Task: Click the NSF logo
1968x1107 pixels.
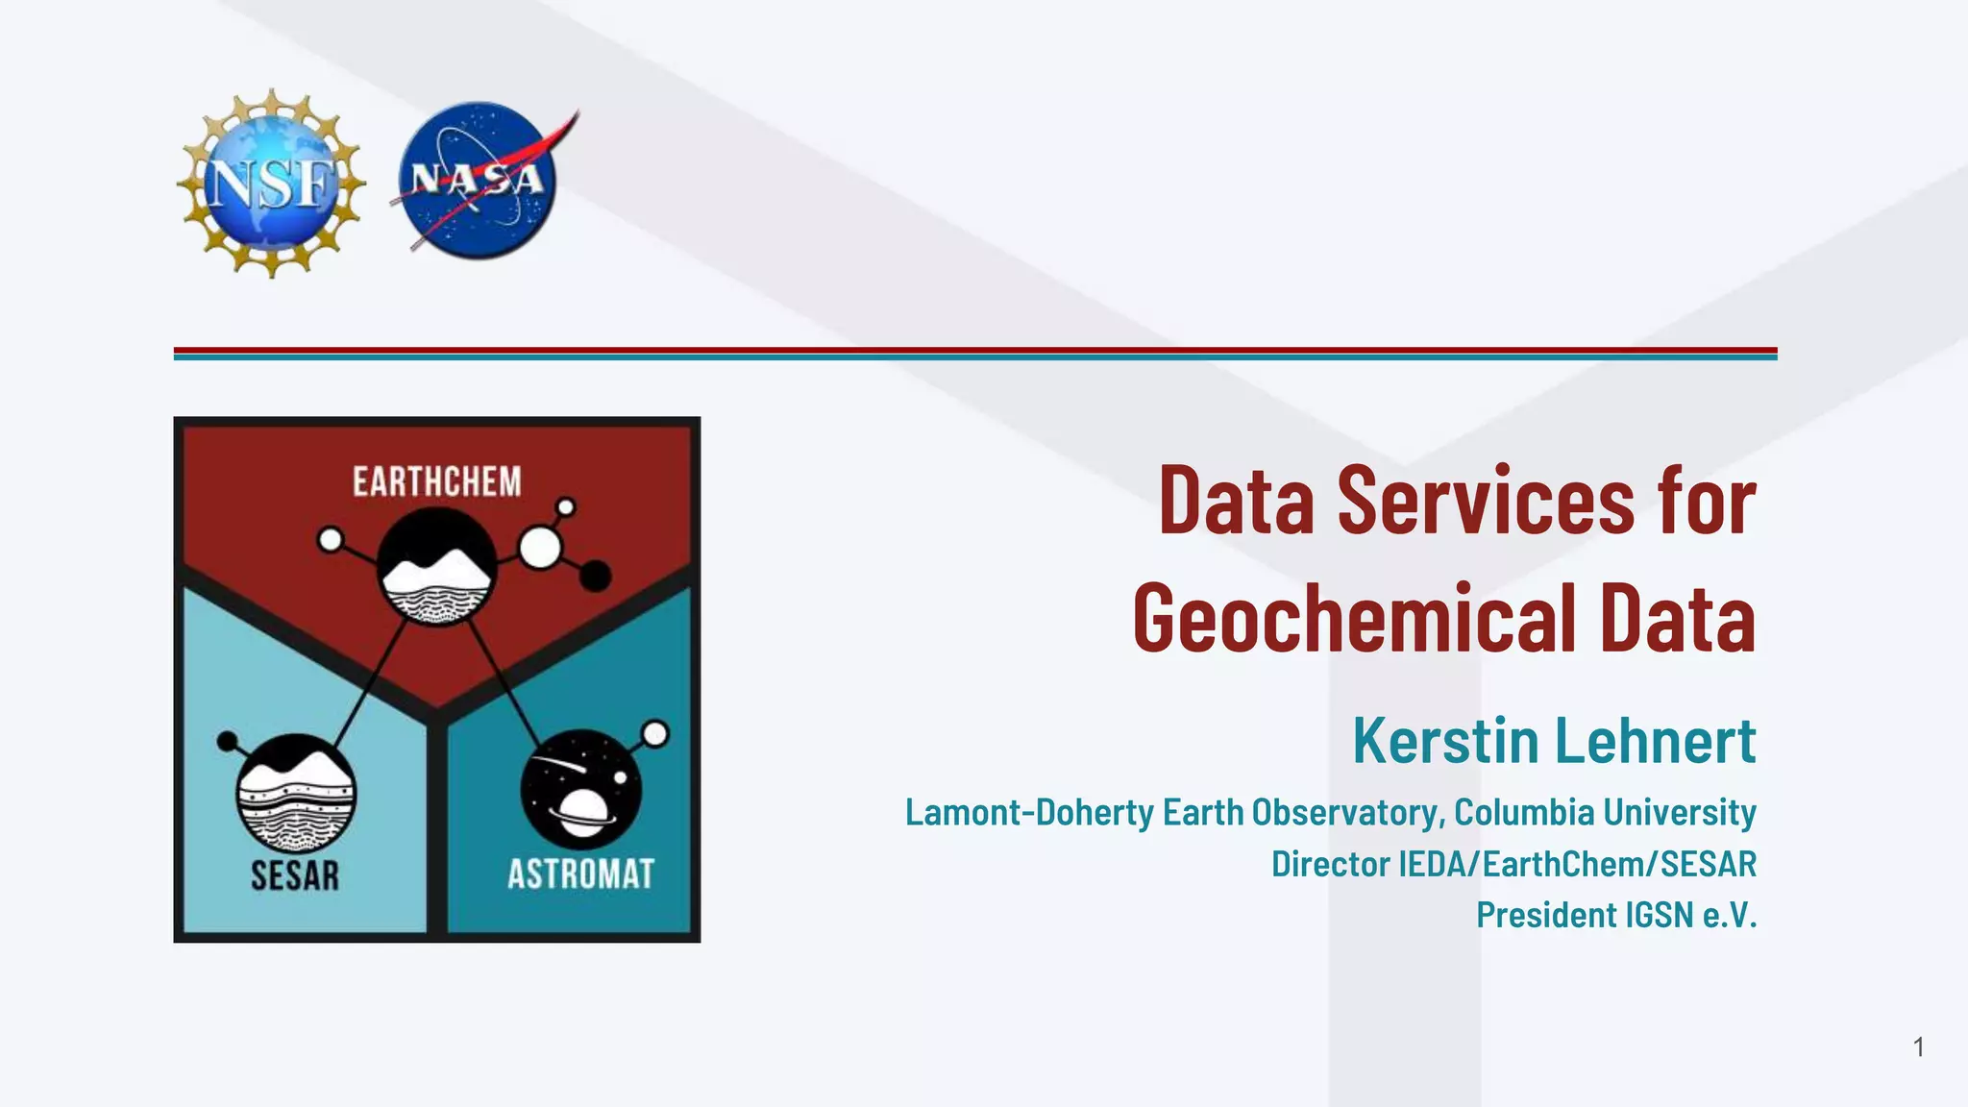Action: pos(271,183)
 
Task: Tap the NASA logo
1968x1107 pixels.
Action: pos(478,181)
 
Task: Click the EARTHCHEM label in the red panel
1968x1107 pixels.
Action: pos(436,482)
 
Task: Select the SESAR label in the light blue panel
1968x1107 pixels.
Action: pos(295,875)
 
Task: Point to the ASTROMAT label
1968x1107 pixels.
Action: pos(580,874)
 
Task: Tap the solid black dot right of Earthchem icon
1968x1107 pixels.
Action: pos(596,576)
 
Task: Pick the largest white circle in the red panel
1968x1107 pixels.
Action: pos(540,548)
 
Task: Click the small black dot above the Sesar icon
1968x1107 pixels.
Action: pos(228,741)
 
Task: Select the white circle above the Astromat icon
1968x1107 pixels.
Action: pos(655,734)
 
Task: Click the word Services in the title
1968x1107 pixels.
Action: pos(1486,501)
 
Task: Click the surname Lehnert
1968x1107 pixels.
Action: pos(1656,741)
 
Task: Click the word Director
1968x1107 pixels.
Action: pos(1331,864)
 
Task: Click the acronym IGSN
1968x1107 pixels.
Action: pos(1659,915)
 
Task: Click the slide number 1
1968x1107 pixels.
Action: pos(1918,1046)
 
